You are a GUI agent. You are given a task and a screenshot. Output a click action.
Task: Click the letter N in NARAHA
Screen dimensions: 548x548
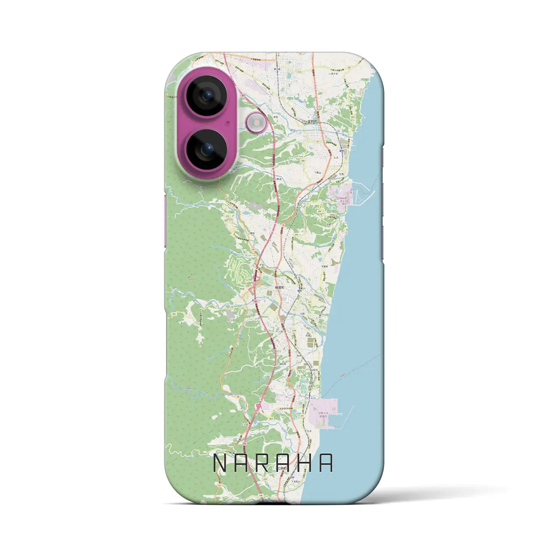[221, 462]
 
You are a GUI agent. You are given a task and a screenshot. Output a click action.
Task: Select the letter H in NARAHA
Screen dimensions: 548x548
[305, 462]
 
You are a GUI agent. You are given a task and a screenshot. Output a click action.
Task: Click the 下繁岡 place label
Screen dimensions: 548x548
[325, 266]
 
